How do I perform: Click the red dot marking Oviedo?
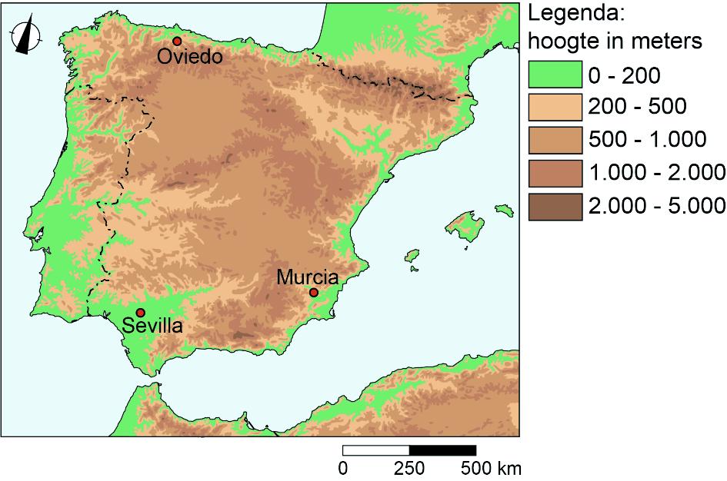pos(177,41)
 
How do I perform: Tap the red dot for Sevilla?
pos(141,313)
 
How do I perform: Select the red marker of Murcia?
pos(314,292)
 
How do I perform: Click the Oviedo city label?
pos(190,57)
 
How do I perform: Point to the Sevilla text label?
pos(153,327)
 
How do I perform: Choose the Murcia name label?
pos(308,277)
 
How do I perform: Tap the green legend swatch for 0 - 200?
pos(554,75)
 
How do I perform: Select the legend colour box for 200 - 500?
pos(554,107)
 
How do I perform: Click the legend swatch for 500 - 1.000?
pos(554,140)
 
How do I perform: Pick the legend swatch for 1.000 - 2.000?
pos(554,173)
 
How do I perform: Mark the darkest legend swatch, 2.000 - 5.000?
pos(554,206)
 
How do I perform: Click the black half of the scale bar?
pos(442,450)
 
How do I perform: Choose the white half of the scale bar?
pos(376,450)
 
